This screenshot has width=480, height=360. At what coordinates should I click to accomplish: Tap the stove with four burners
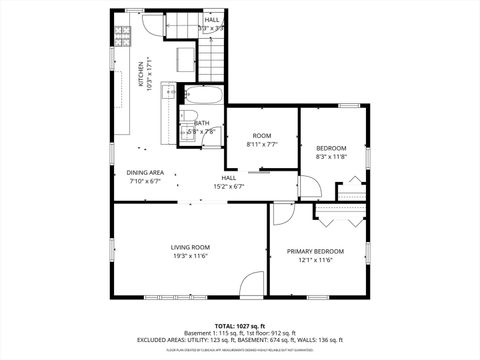(x=122, y=36)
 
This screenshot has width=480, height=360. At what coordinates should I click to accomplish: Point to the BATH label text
(x=201, y=123)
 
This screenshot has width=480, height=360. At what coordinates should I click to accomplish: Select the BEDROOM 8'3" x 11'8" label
(x=330, y=152)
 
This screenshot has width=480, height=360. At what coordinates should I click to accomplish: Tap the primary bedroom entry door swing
(x=282, y=212)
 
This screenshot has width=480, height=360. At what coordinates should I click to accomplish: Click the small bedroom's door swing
(x=311, y=188)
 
